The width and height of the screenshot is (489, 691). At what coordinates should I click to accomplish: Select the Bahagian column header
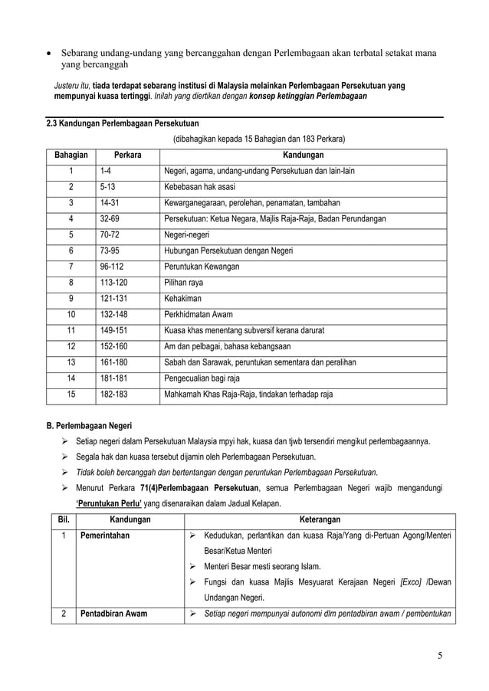[71, 156]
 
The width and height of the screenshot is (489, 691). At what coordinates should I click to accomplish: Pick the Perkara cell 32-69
[110, 219]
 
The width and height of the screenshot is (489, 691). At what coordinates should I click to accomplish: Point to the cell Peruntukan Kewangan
[202, 267]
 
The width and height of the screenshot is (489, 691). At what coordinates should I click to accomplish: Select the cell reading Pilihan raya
[185, 283]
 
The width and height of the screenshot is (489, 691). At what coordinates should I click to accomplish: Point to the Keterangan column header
[320, 519]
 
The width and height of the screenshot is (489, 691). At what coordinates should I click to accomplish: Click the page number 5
[440, 656]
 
